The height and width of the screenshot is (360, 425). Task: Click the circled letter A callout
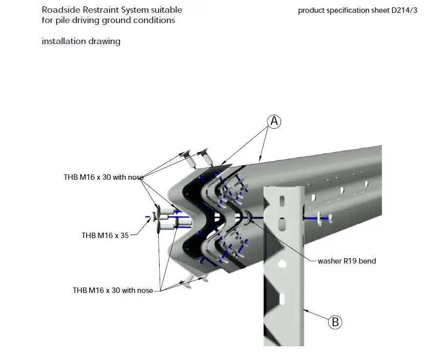275,121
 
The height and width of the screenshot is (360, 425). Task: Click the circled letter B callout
335,322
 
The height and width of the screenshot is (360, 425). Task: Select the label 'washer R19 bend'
347,261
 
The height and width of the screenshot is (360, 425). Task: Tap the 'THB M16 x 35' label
105,236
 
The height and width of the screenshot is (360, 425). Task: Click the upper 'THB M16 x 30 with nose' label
103,177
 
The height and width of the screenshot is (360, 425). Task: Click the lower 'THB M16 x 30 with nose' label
113,290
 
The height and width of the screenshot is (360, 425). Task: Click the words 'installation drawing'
81,42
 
